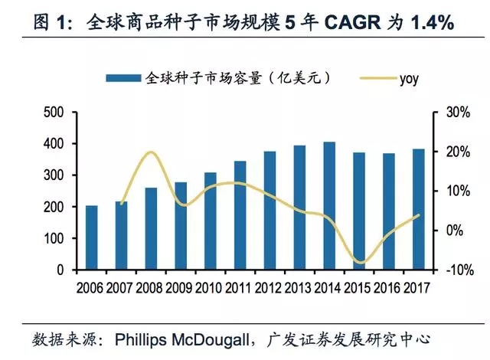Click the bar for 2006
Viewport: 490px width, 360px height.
click(x=91, y=238)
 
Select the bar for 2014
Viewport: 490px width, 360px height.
click(x=329, y=206)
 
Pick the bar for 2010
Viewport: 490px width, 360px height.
click(x=211, y=221)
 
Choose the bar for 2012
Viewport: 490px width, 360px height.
click(x=269, y=211)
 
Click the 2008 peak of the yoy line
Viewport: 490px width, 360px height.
click(x=151, y=152)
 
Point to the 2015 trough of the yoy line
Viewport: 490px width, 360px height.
click(x=360, y=263)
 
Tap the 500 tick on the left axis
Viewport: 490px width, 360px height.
click(x=54, y=113)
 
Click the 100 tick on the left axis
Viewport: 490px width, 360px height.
click(x=54, y=239)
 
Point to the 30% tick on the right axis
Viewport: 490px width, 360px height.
click(x=453, y=113)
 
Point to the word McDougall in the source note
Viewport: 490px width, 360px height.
click(x=223, y=339)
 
